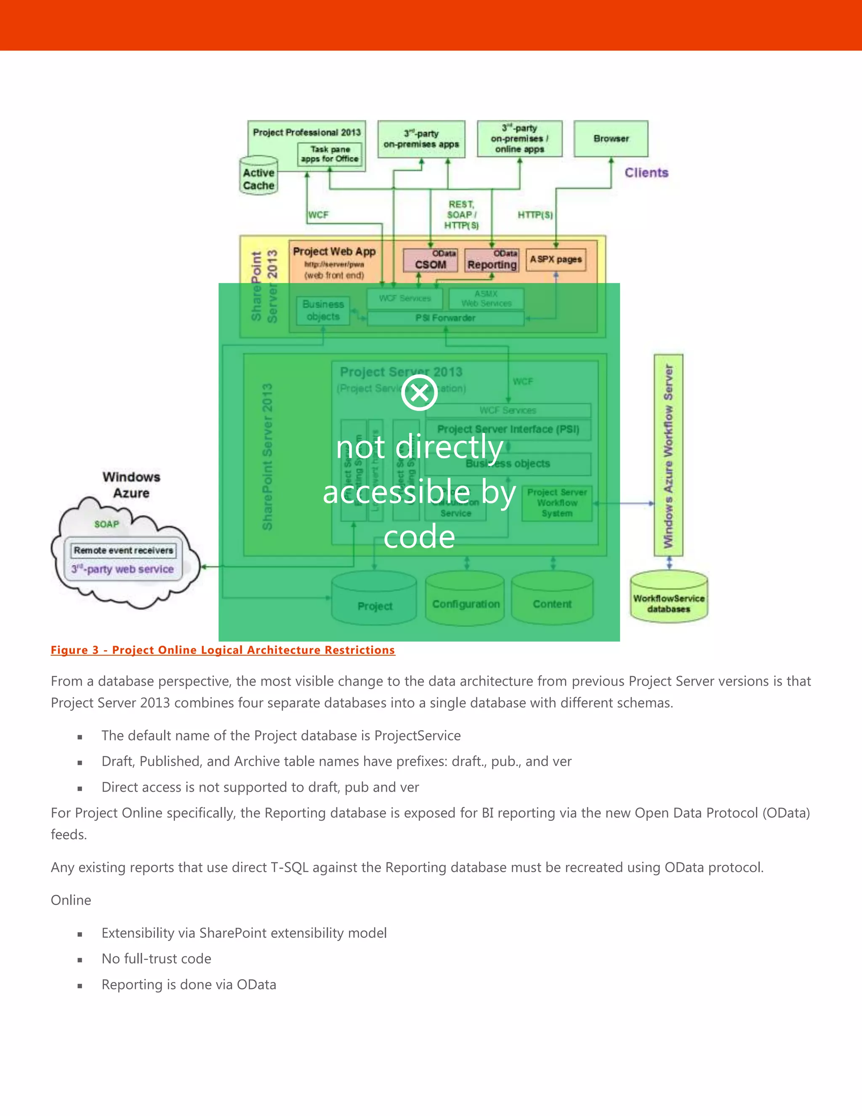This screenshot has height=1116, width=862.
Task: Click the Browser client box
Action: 611,139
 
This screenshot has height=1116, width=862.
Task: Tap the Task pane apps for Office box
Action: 330,154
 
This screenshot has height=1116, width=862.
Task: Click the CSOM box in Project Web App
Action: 430,261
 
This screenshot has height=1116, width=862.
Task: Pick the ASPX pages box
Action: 556,259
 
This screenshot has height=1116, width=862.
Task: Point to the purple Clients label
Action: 646,173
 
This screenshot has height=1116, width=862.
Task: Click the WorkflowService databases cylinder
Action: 668,598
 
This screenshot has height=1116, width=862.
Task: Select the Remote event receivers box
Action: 123,550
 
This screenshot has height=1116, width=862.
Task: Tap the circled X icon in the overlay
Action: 419,393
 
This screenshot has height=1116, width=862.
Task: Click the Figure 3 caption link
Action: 223,650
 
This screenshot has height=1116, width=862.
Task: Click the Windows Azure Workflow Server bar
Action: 668,455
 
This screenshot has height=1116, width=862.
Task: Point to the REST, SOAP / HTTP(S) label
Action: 462,215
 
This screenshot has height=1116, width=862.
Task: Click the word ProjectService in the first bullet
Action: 417,735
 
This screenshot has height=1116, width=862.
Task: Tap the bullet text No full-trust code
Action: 156,958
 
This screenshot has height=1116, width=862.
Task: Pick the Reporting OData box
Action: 492,261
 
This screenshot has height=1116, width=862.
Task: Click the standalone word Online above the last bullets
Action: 71,900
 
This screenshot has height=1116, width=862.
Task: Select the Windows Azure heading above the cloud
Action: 131,484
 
